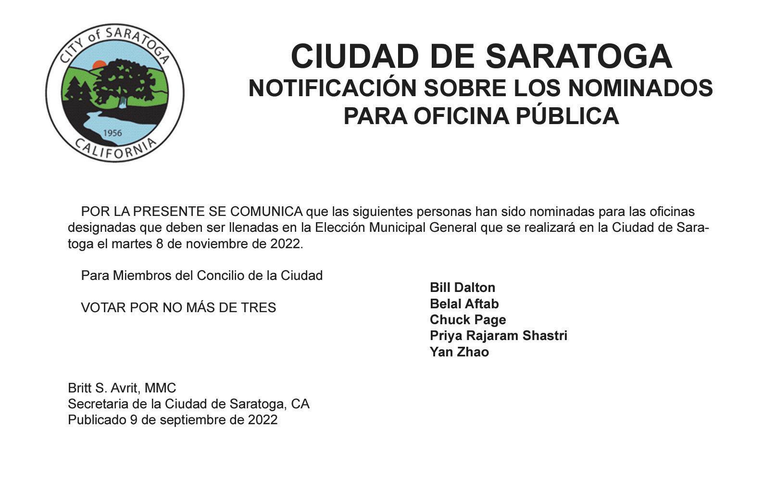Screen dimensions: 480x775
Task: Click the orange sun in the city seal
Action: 99,65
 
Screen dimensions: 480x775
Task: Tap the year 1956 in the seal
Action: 112,133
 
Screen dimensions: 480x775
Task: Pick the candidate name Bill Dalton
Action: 462,288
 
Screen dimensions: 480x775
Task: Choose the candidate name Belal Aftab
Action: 464,304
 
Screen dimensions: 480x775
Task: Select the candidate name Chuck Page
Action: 467,320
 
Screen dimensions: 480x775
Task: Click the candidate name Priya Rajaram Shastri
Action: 498,336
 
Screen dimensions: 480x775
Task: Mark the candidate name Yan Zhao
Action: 459,352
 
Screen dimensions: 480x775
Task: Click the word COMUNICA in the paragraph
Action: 266,212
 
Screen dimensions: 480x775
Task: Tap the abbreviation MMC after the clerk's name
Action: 161,388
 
